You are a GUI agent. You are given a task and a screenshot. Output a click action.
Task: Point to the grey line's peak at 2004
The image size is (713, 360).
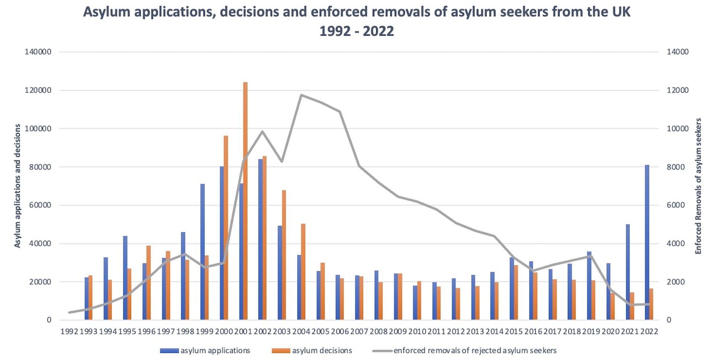click(301, 95)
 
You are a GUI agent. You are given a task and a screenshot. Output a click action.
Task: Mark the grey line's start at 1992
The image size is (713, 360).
click(69, 312)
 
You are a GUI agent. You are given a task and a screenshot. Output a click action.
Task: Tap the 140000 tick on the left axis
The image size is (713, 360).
click(38, 52)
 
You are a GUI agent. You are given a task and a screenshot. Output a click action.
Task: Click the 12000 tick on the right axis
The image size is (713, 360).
click(678, 90)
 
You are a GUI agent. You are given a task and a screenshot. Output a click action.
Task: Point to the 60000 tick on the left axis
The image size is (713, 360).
click(38, 205)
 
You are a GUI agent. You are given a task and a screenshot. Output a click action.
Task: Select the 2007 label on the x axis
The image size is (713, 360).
click(359, 331)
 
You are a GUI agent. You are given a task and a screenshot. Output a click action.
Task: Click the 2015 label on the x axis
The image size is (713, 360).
click(514, 331)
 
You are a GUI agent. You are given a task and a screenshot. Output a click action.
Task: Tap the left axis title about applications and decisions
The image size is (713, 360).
click(17, 186)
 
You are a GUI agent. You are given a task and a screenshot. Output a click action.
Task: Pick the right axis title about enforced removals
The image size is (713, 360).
click(698, 186)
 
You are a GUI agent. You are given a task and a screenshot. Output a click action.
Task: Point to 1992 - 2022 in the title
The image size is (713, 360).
click(356, 31)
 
